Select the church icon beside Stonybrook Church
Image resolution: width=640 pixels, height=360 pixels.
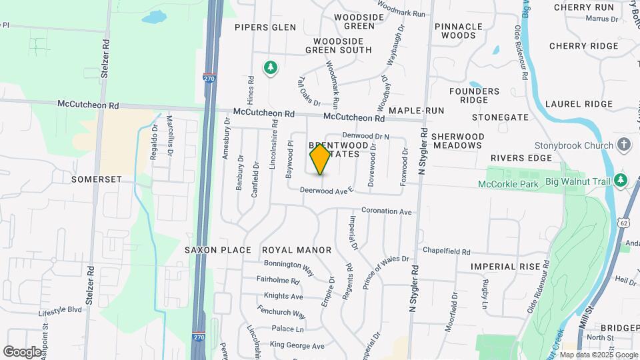pos(623,145)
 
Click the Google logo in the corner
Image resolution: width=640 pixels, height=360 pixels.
pos(22,351)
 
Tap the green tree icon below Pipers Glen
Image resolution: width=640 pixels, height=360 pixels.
pos(270,67)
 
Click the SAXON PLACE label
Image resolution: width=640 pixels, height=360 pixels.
pos(218,250)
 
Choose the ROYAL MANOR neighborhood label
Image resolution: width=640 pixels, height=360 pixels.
pos(297,250)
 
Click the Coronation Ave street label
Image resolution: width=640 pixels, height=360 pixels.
pos(387,211)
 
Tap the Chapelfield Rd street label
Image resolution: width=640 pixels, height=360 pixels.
pos(447,252)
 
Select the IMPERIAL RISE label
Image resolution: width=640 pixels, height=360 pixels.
pos(505,267)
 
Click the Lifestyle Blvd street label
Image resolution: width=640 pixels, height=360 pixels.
pos(60,311)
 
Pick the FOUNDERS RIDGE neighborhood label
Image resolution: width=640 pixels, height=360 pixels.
pos(474,95)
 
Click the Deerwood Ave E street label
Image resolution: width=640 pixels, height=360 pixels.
pos(325,191)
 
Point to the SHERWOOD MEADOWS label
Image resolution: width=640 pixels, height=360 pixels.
pos(457,141)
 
